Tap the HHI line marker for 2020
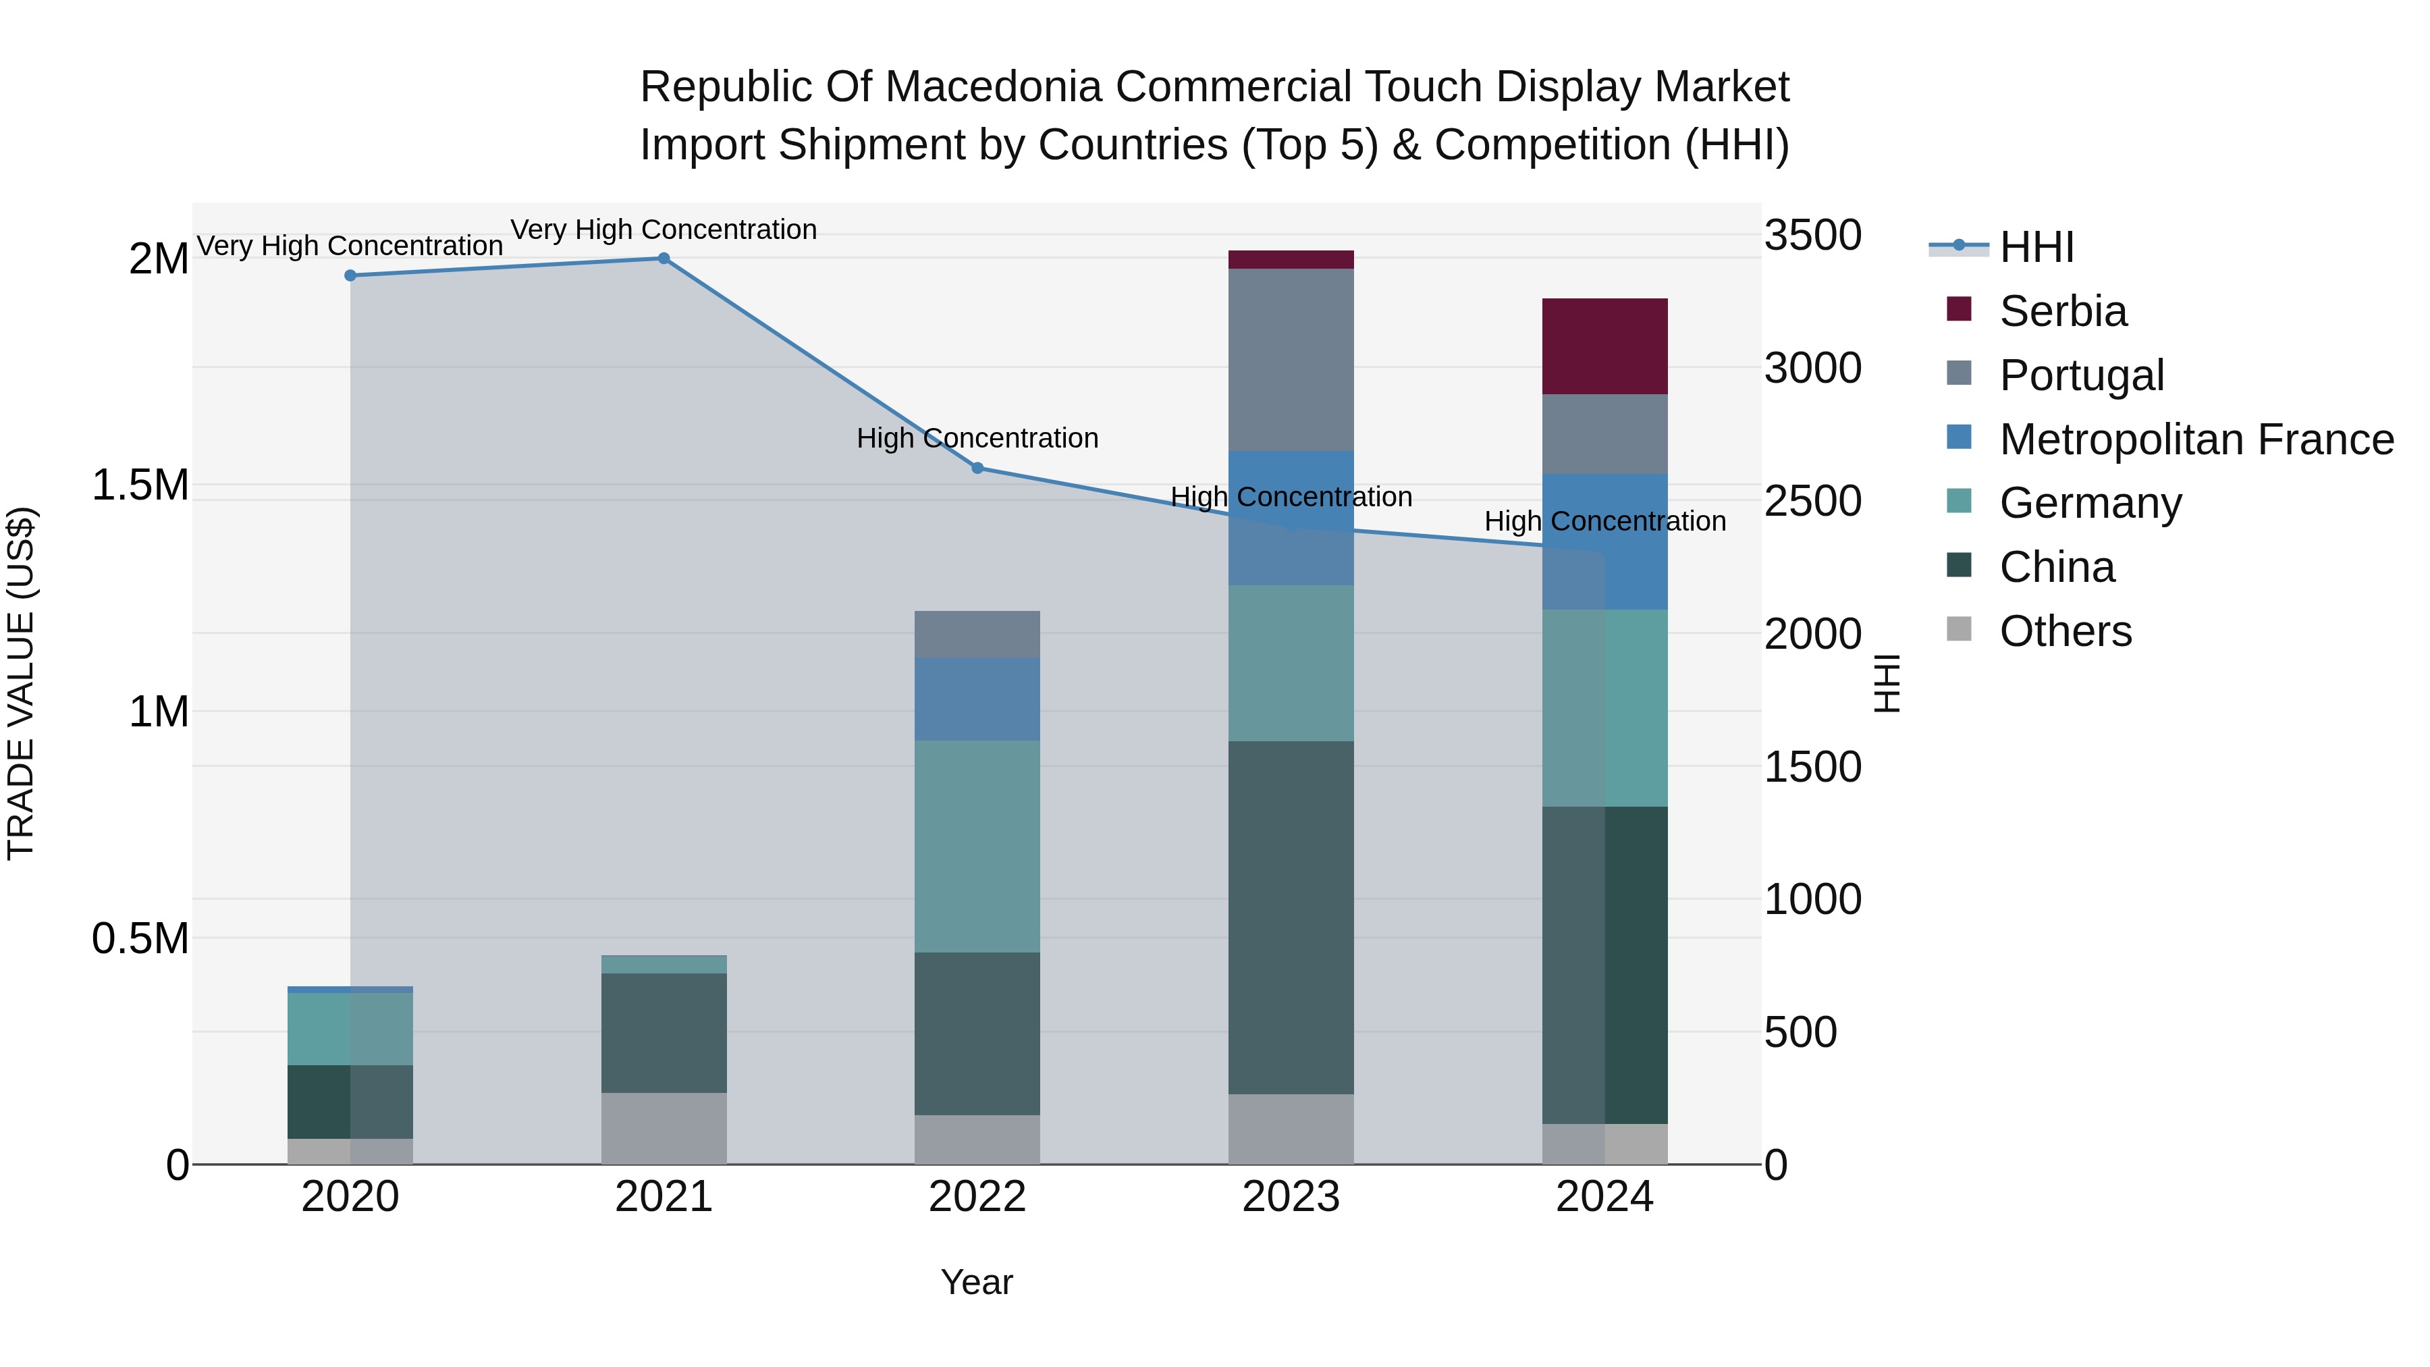click(350, 275)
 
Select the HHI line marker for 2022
click(977, 468)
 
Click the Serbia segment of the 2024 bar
click(1604, 346)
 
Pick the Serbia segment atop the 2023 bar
click(1291, 259)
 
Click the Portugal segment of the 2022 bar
click(977, 634)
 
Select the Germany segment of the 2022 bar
click(977, 847)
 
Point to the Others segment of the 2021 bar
click(664, 1128)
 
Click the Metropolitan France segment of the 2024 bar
click(1604, 541)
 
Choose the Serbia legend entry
click(2062, 311)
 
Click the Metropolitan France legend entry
click(2195, 439)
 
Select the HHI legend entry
click(2036, 247)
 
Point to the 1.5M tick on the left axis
click(140, 485)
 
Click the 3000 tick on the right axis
click(1812, 368)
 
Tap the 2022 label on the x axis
click(977, 1197)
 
